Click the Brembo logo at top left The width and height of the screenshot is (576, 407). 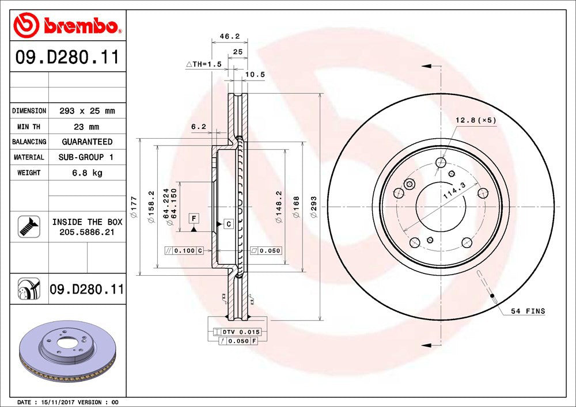(67, 25)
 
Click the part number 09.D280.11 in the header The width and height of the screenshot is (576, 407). (67, 58)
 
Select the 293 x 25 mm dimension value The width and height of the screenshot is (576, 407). (87, 111)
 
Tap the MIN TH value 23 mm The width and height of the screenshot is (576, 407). (87, 126)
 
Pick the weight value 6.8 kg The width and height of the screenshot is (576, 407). (87, 173)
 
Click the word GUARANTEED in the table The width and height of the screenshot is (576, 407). (87, 142)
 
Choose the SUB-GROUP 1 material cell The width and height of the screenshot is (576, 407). (87, 157)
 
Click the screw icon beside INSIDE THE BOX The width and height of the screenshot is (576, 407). (29, 226)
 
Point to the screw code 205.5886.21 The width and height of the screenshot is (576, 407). (87, 231)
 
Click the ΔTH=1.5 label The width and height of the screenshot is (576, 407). (204, 64)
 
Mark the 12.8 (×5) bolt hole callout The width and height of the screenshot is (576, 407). (475, 120)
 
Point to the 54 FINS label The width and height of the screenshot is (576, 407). (527, 311)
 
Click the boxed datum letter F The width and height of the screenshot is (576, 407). (194, 218)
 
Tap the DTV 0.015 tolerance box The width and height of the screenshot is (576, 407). (237, 332)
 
